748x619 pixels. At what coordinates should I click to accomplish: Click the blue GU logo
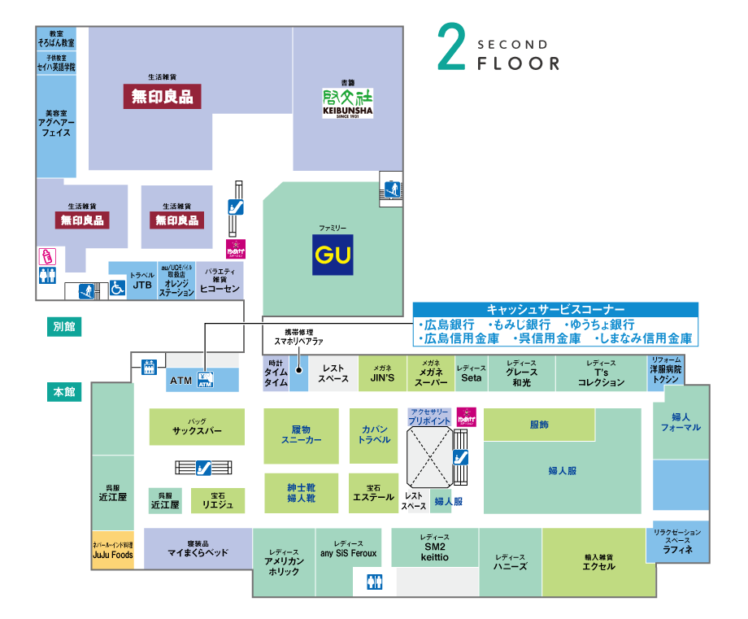tap(333, 254)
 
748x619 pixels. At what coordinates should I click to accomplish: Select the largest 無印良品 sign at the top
tap(163, 97)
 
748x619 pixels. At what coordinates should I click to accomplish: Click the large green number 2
tap(451, 46)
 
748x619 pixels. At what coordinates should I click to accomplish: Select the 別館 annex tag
tap(64, 326)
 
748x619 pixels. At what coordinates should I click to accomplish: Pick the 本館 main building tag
tap(64, 392)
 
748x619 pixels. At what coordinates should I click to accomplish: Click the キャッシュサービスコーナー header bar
tap(555, 310)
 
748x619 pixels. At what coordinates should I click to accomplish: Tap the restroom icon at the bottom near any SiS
tap(374, 581)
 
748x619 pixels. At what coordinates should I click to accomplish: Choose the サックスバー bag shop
tap(197, 431)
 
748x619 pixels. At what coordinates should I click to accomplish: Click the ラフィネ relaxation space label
tap(677, 549)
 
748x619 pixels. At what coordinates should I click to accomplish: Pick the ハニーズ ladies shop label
tap(511, 566)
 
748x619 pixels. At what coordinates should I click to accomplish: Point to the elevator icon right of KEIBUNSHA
tap(390, 189)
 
